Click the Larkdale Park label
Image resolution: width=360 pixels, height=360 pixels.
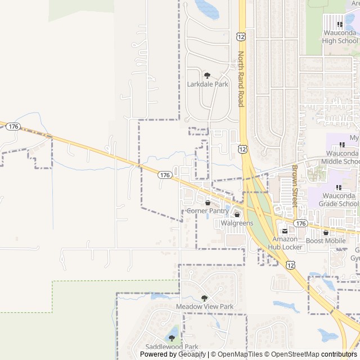click(x=208, y=84)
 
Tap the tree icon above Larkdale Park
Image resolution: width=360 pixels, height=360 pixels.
click(x=208, y=75)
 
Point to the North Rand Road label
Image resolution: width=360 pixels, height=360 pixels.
click(x=241, y=79)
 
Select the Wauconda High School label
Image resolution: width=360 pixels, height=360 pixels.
click(x=340, y=37)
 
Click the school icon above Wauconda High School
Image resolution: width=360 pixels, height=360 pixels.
click(x=340, y=24)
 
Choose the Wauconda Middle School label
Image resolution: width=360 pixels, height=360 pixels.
click(x=340, y=157)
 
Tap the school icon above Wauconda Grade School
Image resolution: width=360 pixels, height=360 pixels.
click(x=339, y=187)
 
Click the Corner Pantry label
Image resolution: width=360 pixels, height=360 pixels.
click(x=207, y=211)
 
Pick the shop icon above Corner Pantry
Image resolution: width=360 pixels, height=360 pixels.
click(x=208, y=202)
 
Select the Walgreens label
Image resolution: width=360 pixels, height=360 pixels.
click(x=237, y=223)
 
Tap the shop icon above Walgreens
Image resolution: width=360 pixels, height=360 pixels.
click(x=237, y=214)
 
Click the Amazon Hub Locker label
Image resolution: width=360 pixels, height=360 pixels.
click(x=285, y=243)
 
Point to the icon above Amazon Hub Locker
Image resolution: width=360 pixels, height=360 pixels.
click(x=285, y=231)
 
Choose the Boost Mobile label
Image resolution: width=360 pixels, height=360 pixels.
click(x=326, y=241)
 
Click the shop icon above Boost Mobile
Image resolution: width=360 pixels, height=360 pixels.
click(x=326, y=232)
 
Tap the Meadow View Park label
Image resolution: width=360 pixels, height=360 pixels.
click(x=205, y=307)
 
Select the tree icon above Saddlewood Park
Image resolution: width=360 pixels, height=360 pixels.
click(x=172, y=338)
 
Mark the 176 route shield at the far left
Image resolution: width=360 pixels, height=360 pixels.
click(x=14, y=127)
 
